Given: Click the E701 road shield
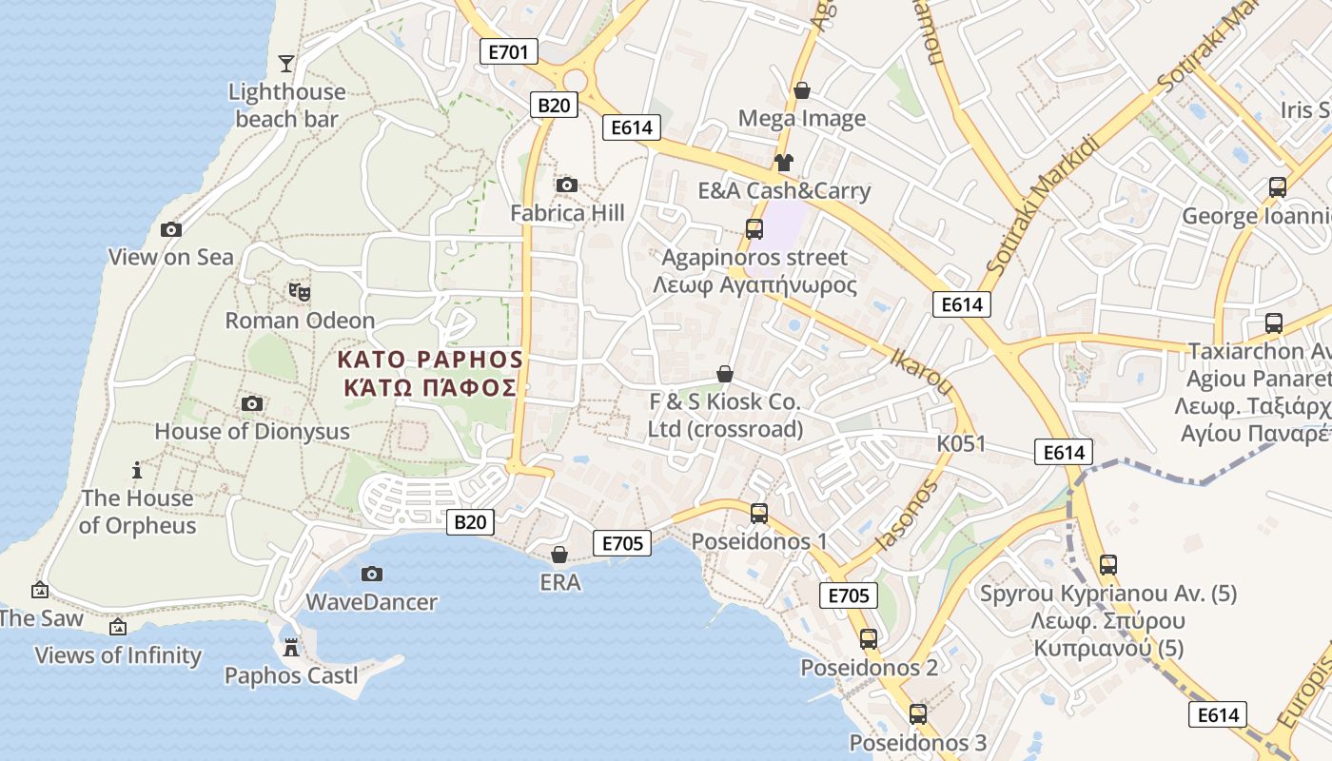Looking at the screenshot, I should pyautogui.click(x=508, y=51).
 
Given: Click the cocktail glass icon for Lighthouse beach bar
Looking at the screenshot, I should pyautogui.click(x=285, y=64).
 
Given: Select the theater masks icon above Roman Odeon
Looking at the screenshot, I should pyautogui.click(x=300, y=292).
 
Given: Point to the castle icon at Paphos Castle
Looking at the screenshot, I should pyautogui.click(x=291, y=648).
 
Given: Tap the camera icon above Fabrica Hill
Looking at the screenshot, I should pyautogui.click(x=567, y=185).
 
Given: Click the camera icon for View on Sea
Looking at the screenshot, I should pyautogui.click(x=171, y=229).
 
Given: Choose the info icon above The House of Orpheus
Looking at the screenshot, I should pyautogui.click(x=137, y=470).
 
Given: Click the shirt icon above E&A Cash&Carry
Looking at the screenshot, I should pyautogui.click(x=783, y=163).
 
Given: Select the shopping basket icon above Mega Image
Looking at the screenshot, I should pyautogui.click(x=802, y=90).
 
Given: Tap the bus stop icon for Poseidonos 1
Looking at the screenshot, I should pyautogui.click(x=758, y=514).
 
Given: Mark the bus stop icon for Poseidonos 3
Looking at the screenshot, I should pyautogui.click(x=917, y=714).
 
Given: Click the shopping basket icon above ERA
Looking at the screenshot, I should pyautogui.click(x=559, y=555).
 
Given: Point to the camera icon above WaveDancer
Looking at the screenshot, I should pyautogui.click(x=372, y=574).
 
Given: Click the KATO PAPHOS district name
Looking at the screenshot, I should pyautogui.click(x=431, y=360).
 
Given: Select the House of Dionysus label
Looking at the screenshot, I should pyautogui.click(x=252, y=431).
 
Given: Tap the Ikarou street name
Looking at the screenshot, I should pyautogui.click(x=921, y=372).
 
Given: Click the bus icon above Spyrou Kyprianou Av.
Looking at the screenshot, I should pyautogui.click(x=1108, y=564).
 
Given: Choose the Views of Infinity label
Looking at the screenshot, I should pyautogui.click(x=118, y=655).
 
